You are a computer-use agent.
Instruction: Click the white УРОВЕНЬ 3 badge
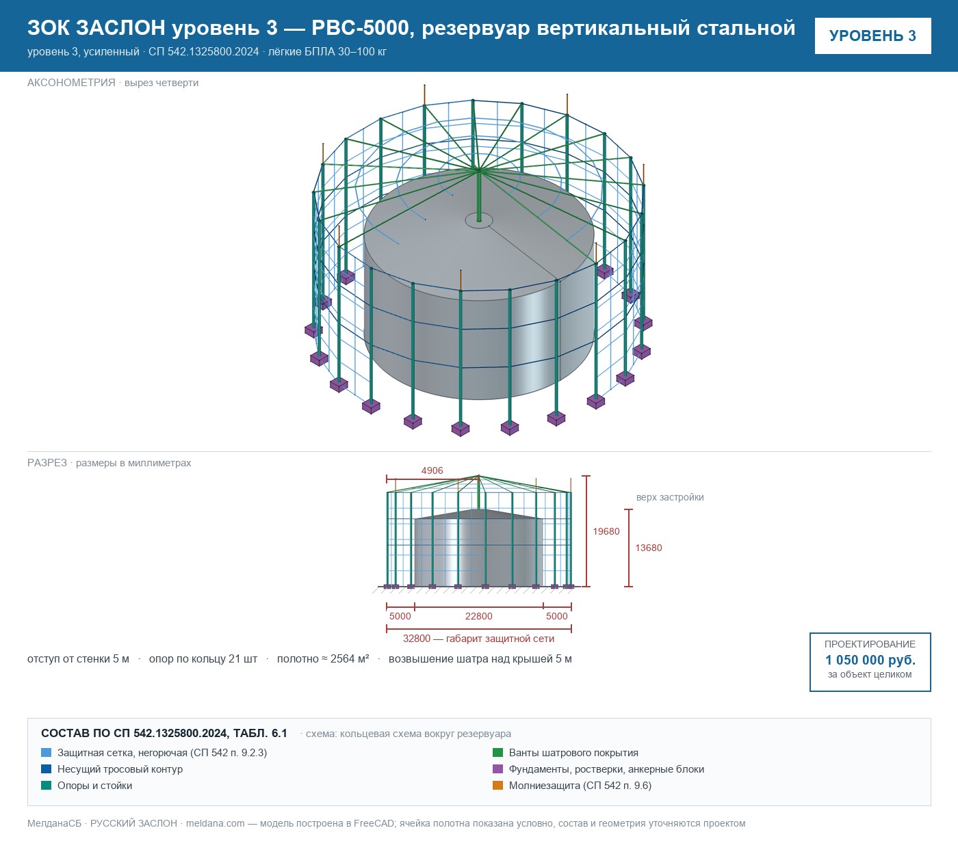point(872,36)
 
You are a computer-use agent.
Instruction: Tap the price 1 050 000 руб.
point(870,660)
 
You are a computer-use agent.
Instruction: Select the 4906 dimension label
point(432,470)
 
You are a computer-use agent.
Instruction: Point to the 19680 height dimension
point(606,531)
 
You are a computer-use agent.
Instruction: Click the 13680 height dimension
point(648,548)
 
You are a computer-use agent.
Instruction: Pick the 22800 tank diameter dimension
point(478,616)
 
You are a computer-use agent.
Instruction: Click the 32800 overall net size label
point(478,639)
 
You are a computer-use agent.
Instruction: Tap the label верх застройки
point(669,497)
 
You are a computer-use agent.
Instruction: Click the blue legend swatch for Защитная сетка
point(46,753)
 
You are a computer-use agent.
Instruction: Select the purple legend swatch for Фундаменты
point(497,769)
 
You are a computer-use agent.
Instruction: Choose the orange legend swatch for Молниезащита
point(497,786)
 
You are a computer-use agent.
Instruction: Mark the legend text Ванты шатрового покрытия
point(573,753)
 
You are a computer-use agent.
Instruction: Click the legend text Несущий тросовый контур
point(120,769)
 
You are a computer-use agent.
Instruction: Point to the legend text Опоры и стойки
point(94,786)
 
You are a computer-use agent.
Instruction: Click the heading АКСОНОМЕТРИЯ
point(71,83)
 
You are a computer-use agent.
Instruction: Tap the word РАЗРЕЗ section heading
point(47,463)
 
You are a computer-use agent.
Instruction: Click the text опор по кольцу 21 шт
point(203,659)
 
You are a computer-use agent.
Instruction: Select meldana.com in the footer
point(215,823)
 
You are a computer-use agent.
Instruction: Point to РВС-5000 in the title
point(360,28)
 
